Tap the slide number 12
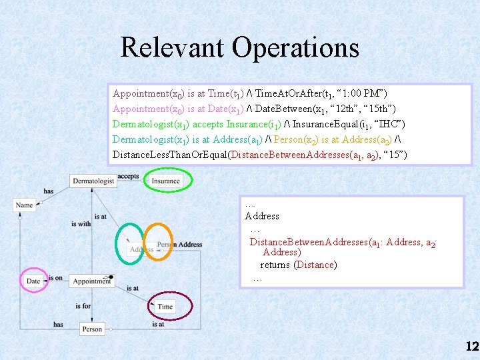pos(472,346)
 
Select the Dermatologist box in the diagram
pos(93,181)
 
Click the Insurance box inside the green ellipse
pos(165,181)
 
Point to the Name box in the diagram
pos(24,205)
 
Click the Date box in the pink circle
pos(33,281)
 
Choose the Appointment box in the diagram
pos(92,281)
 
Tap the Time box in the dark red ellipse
pos(165,307)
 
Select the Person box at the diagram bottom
pos(92,329)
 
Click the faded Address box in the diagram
pos(142,249)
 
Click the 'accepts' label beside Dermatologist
pos(128,177)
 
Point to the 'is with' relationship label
pos(81,223)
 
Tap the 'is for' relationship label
pos(83,305)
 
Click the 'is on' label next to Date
pos(55,277)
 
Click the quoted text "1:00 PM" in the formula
pos(363,93)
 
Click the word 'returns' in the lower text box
pos(274,265)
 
